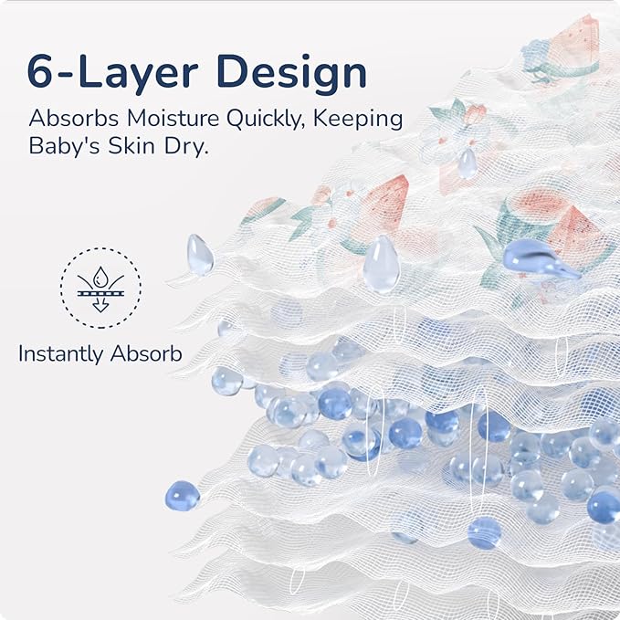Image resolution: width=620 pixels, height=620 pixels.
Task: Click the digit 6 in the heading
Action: pos(39,72)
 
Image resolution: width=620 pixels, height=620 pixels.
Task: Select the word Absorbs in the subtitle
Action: pos(74,118)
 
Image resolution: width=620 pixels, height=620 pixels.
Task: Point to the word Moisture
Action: pos(173,118)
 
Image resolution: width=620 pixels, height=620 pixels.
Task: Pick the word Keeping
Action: pos(358,120)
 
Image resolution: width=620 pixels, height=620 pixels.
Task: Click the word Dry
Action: pos(186,146)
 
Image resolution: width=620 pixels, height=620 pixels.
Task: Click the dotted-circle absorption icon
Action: pos(100,288)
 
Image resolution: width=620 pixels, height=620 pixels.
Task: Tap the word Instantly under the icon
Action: pos(61,354)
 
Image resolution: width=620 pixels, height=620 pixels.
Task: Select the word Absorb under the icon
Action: pos(146,353)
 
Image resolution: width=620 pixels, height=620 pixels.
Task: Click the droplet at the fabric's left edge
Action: pos(200,255)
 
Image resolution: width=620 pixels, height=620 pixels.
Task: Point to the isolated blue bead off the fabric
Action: pos(183,496)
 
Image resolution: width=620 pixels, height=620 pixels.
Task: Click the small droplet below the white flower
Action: pos(467,163)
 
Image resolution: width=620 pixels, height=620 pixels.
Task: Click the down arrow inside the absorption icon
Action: pos(100,305)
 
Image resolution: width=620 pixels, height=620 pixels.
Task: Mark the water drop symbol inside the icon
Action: pos(100,278)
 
